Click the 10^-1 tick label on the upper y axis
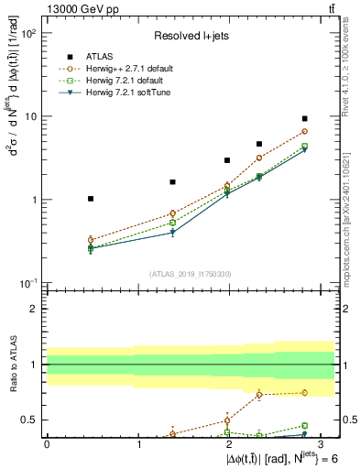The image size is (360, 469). pos(28,283)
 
